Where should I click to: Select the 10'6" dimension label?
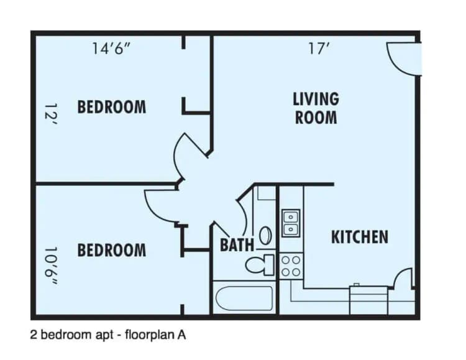[50, 266]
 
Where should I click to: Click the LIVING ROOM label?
[316, 108]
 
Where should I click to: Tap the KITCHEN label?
[359, 237]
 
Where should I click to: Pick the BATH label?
[237, 244]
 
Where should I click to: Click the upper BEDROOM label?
[112, 107]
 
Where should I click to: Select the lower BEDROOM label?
[112, 250]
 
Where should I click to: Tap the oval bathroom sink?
[265, 235]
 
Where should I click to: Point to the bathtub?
[243, 298]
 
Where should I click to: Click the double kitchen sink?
[290, 223]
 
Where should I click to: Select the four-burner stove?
[291, 266]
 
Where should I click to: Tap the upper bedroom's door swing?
[190, 149]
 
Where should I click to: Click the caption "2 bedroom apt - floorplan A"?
[108, 335]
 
